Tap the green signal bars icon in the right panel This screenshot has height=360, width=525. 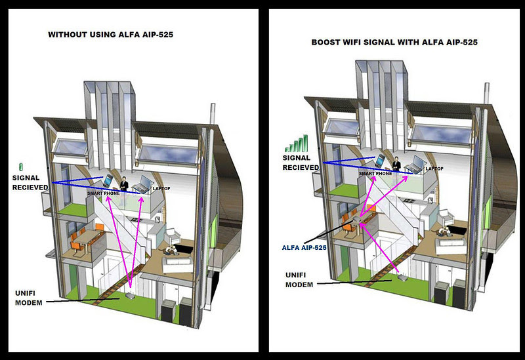click(296, 144)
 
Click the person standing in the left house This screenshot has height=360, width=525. click(123, 182)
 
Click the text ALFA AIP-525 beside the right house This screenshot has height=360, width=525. click(304, 247)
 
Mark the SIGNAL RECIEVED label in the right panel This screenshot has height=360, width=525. click(301, 162)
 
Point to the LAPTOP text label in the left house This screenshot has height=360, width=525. click(161, 189)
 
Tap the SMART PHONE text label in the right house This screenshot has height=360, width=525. click(375, 174)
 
